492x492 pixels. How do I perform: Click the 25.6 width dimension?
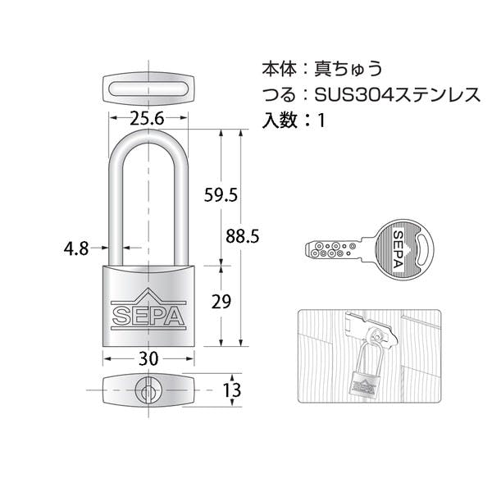pyautogui.click(x=147, y=118)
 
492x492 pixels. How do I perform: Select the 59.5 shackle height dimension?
pyautogui.click(x=221, y=194)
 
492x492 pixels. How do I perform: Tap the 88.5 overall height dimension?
pyautogui.click(x=243, y=236)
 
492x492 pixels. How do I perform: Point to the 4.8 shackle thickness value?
pyautogui.click(x=76, y=248)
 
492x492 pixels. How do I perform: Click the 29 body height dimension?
pyautogui.click(x=221, y=302)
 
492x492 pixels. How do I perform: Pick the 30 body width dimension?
pyautogui.click(x=148, y=358)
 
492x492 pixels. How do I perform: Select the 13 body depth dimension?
pyautogui.click(x=231, y=390)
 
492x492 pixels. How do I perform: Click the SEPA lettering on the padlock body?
pyautogui.click(x=148, y=316)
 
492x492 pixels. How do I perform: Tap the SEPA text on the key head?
pyautogui.click(x=399, y=249)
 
